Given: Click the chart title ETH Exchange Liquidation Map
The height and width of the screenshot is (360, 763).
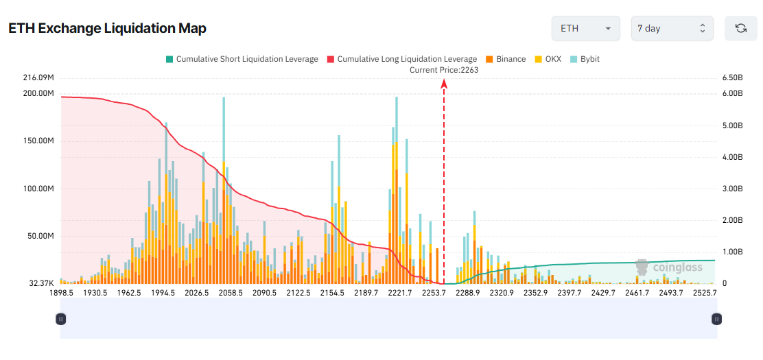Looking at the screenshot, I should pos(107,28).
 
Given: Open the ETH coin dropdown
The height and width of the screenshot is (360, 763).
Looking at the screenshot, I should pos(585,28).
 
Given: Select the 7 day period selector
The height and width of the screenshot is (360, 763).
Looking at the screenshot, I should pos(672,28).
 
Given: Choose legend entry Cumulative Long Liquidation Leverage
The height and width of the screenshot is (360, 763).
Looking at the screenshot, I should pos(402,59).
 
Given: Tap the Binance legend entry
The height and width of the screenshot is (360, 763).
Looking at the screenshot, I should pos(506,59).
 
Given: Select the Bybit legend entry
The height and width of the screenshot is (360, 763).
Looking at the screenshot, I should pos(585,59).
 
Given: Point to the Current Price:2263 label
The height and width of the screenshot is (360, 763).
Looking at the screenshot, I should pos(444,70).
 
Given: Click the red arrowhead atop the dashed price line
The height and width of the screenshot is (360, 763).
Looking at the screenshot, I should pos(444,83).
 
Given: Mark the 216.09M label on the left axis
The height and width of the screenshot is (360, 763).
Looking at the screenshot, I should pos(38,77).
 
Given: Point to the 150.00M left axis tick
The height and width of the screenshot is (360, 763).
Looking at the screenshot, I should pos(38,141).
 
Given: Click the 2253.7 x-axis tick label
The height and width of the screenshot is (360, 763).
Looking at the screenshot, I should pos(433,293).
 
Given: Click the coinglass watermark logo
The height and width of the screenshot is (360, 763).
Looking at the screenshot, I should pos(669,267).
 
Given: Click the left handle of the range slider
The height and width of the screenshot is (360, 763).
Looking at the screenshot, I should pos(60,319).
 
